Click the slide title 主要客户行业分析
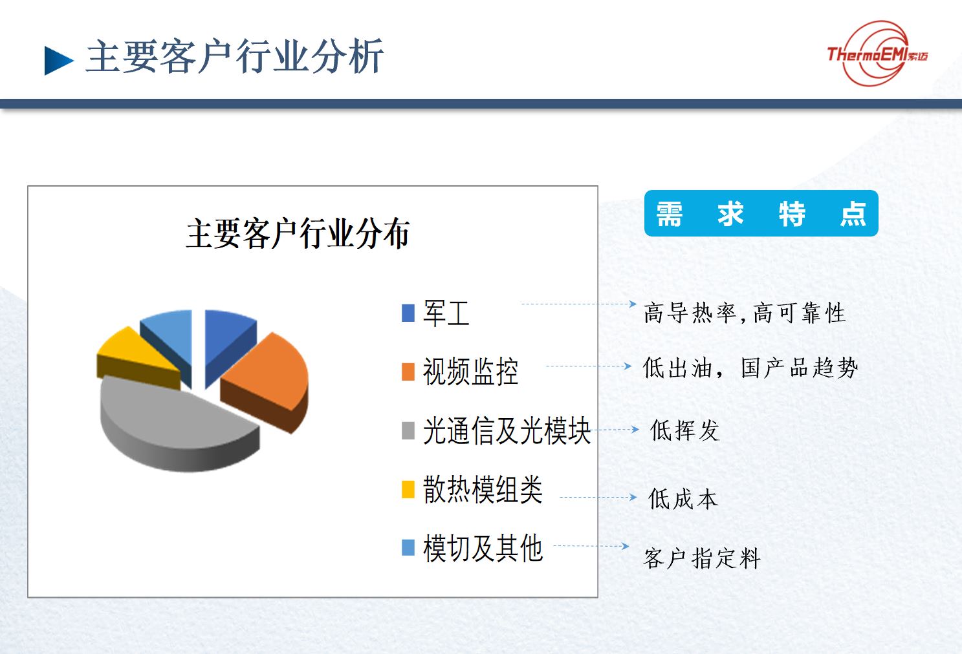coord(234,57)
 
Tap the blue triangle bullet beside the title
coord(59,61)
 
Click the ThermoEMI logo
coord(877,54)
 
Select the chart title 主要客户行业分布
coord(298,233)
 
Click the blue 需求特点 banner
coord(761,213)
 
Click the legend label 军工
coord(446,313)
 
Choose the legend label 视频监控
coord(470,372)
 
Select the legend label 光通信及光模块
coord(507,430)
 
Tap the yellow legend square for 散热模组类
coord(408,489)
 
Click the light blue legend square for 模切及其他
coord(408,547)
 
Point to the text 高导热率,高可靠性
coord(744,312)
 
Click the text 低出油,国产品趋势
coord(750,368)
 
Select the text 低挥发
coord(685,430)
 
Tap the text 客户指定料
coord(702,558)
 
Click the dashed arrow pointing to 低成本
coord(598,498)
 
